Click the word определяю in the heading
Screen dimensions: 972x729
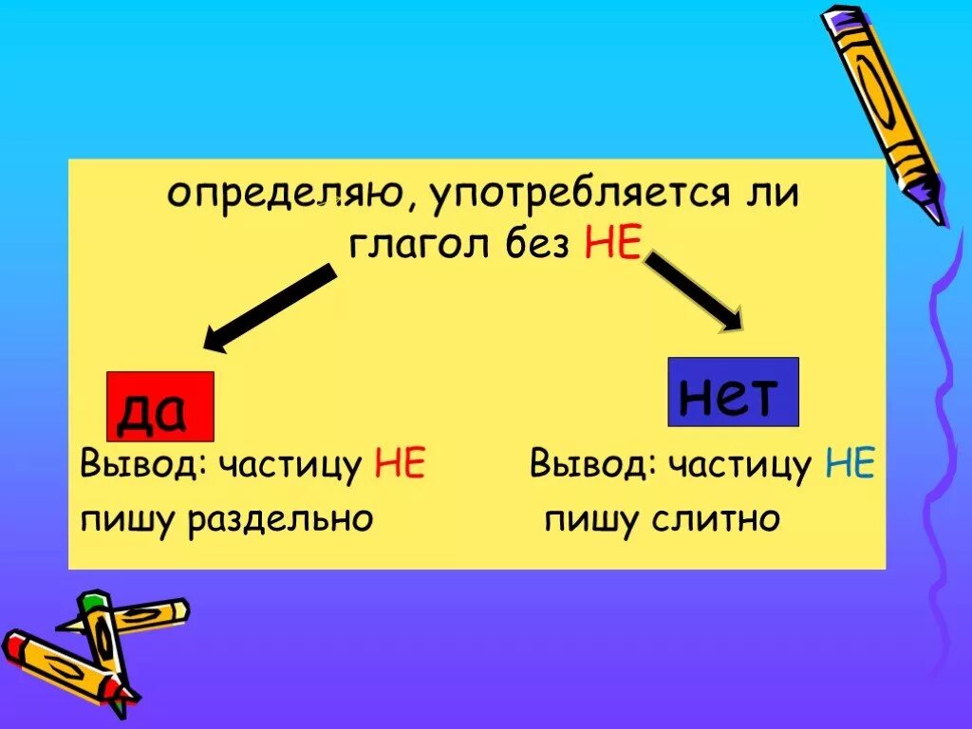click(x=285, y=197)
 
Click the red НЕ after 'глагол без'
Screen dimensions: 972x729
click(x=608, y=245)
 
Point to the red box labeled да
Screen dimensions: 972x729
click(x=159, y=406)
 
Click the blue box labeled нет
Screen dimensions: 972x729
click(x=733, y=391)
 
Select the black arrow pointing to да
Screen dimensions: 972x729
click(x=271, y=309)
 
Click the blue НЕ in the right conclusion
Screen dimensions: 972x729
click(x=850, y=465)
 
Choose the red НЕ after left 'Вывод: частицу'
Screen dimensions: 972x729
click(x=400, y=465)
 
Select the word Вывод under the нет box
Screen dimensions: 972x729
click(x=590, y=465)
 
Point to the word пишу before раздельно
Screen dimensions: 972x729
click(x=125, y=520)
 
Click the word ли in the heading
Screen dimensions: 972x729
click(x=776, y=197)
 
